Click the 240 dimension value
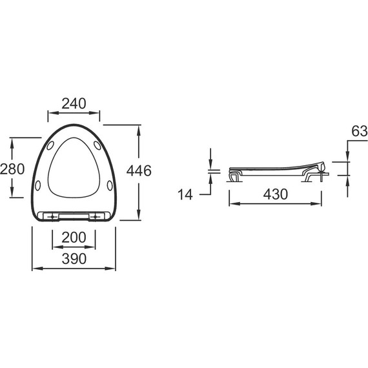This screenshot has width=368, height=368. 74,104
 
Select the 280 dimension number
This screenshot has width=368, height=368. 12,169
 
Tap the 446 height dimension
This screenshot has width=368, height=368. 139,170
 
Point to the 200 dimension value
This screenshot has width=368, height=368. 74,238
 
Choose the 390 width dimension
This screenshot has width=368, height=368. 74,259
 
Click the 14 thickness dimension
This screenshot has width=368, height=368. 185,194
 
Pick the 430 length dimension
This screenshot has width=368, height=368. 275,194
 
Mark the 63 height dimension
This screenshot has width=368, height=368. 360,131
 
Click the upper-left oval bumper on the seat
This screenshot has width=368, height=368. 50,145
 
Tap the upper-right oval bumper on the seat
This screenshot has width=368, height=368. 97,145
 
